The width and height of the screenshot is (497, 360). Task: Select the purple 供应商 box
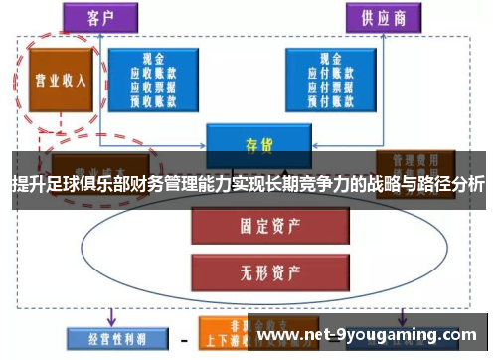point(381,17)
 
